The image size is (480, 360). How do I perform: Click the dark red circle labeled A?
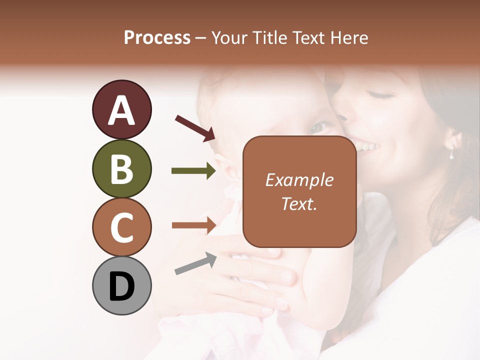[121, 110]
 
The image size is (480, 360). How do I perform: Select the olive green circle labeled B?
[121, 169]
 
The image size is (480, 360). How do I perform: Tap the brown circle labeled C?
[121, 227]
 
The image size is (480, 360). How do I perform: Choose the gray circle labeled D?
[121, 286]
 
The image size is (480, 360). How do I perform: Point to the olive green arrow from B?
[193, 171]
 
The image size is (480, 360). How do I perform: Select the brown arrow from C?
[193, 225]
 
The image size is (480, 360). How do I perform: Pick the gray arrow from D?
[195, 263]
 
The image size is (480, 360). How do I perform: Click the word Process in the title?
[157, 38]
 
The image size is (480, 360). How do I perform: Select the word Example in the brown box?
[299, 180]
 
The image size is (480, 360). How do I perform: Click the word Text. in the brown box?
[299, 203]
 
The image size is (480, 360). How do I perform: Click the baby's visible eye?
[318, 127]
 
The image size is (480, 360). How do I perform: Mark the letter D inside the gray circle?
[121, 287]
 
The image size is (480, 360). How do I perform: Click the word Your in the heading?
[229, 38]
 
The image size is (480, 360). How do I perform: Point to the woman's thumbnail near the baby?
[287, 275]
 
